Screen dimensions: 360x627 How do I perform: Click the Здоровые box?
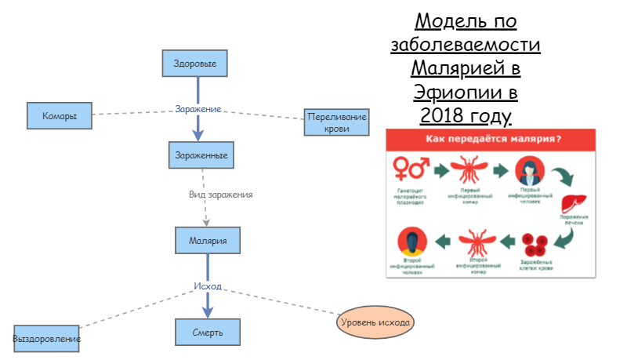tap(195, 64)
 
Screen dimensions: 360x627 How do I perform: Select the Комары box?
tap(59, 116)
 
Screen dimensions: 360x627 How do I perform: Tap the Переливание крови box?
tap(337, 122)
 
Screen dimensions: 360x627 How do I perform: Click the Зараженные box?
tap(201, 155)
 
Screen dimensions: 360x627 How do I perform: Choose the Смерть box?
tap(207, 333)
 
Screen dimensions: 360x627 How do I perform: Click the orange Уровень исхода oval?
tap(375, 322)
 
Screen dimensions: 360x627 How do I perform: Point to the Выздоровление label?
tap(47, 339)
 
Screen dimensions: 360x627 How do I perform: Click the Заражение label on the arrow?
tap(198, 108)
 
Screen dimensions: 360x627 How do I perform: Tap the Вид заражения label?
tap(220, 194)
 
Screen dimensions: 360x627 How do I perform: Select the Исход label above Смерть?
tap(208, 286)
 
